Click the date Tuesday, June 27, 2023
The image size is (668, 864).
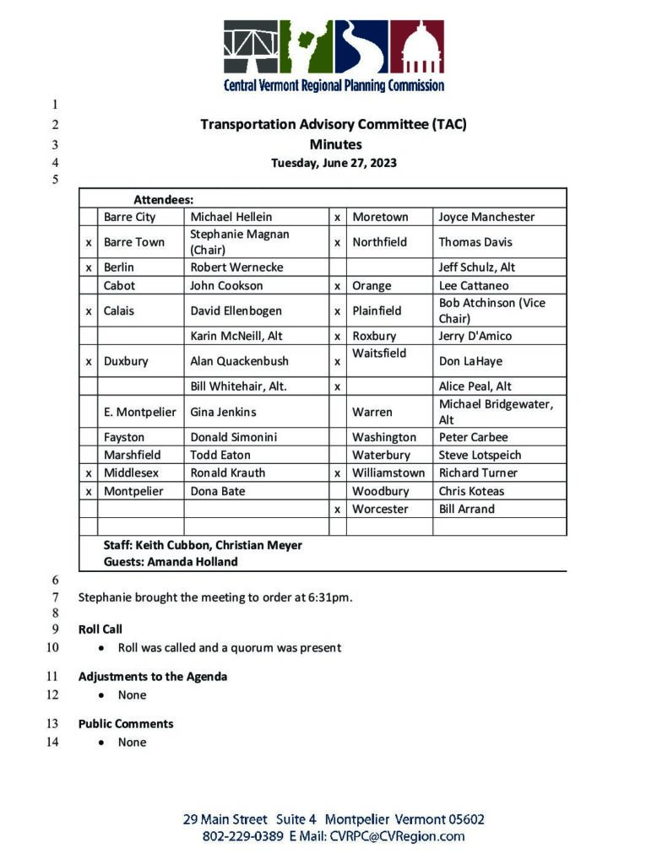[x=334, y=163]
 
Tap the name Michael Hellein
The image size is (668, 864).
[x=231, y=217]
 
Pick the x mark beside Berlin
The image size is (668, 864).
[x=89, y=267]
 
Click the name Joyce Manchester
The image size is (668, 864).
[x=486, y=217]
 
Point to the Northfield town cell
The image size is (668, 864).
[x=379, y=242]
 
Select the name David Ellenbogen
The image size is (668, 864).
[x=236, y=310]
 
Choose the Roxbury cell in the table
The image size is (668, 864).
[x=374, y=336]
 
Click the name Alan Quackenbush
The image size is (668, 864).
[x=239, y=361]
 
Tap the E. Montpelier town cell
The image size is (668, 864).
[x=140, y=412]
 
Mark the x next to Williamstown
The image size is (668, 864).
[x=337, y=472]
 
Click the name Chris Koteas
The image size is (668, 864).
[x=471, y=491]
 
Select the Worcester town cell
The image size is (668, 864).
[x=380, y=509]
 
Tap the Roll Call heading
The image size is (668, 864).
[x=100, y=629]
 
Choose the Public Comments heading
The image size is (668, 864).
[x=126, y=724]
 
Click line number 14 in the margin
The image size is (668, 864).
[x=52, y=742]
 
